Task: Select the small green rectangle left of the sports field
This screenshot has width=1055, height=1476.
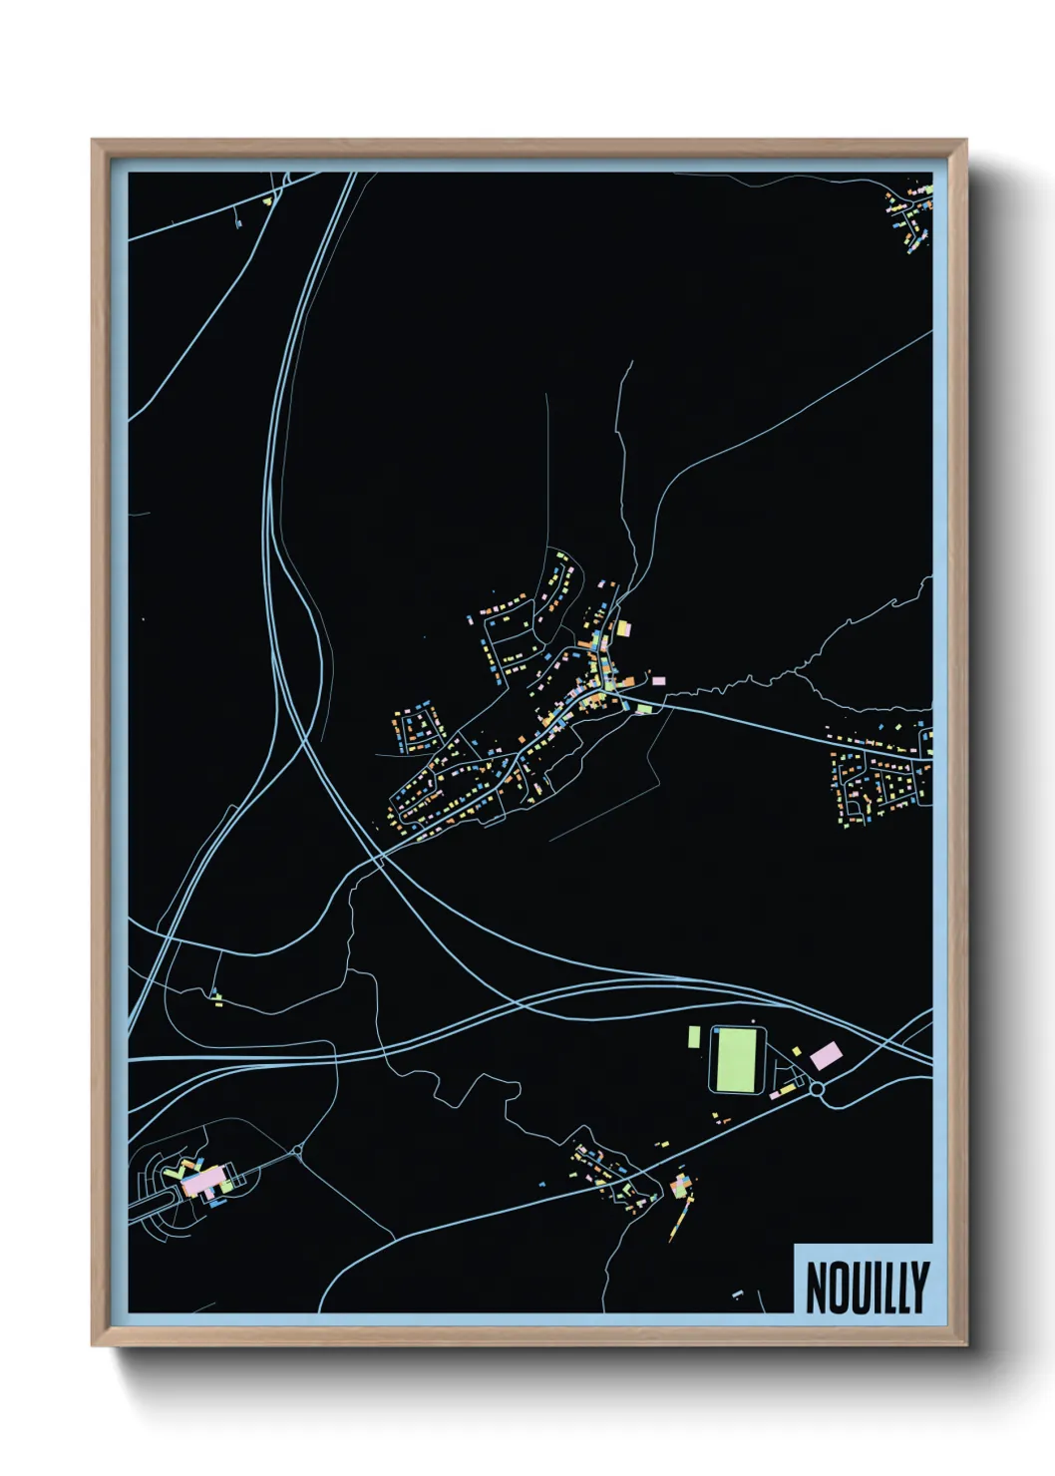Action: (694, 1037)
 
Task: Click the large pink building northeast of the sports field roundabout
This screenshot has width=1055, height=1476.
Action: (825, 1053)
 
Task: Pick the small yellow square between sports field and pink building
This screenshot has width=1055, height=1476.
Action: (798, 1048)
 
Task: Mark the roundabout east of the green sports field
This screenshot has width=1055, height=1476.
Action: (819, 1090)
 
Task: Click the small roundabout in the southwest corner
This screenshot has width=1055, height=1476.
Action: (297, 1152)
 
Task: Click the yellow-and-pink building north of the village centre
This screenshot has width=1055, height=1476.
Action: (624, 628)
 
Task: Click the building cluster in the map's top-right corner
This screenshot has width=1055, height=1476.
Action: (908, 215)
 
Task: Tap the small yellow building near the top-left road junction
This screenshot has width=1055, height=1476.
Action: (268, 201)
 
